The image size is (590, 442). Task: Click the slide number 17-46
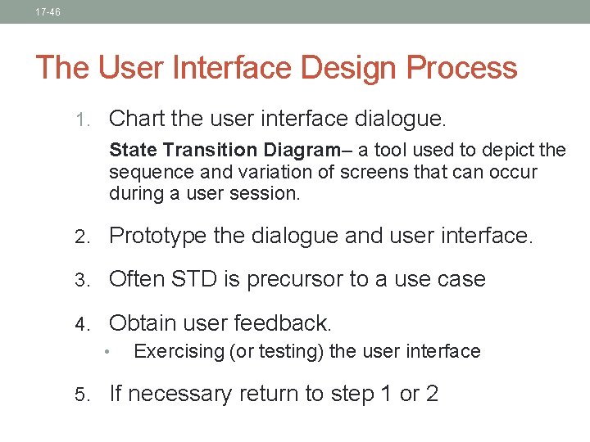(x=48, y=12)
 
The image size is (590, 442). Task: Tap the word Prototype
(x=157, y=237)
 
